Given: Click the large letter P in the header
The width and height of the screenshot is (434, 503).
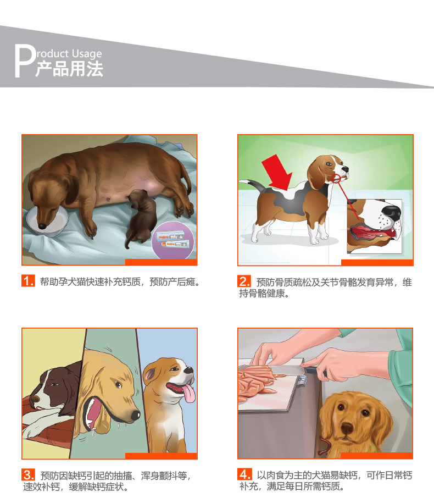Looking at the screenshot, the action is pos(25,60).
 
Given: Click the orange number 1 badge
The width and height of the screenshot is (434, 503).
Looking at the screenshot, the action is pos(28,281).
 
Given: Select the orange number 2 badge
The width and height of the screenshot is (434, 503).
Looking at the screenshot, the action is pos(244,281).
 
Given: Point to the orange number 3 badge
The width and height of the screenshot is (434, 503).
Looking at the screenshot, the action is pos(28,475).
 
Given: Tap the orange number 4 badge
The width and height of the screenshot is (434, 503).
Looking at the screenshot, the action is pos(244,474).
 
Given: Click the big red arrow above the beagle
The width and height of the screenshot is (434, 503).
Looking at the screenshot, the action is pos(277,172).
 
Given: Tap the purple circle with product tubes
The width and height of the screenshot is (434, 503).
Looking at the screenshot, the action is pos(174,240).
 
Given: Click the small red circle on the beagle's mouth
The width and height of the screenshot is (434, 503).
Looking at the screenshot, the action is pos(336,178).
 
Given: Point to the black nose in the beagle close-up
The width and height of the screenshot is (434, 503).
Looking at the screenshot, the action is pos(391,212).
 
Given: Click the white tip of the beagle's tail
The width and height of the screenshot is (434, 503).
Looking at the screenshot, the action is pos(244,181).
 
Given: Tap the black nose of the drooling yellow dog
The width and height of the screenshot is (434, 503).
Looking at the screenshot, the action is pos(135,416).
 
